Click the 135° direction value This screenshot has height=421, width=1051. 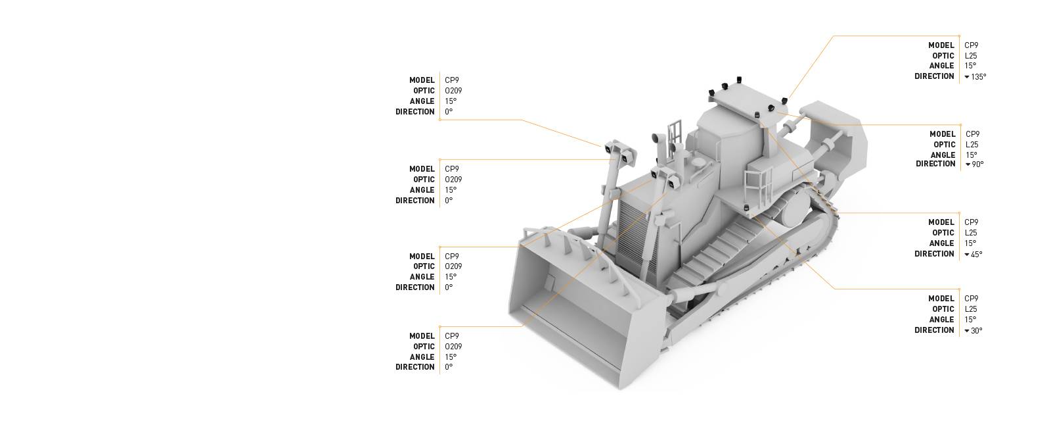point(978,77)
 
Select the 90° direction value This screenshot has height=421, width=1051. point(977,164)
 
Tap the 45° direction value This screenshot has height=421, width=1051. point(976,255)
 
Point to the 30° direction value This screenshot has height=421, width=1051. point(976,331)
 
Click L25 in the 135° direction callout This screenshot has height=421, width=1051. point(971,56)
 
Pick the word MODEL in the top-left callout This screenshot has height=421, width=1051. point(422,80)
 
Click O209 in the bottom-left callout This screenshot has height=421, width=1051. point(453,347)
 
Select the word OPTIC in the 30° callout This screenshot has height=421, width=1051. point(943,309)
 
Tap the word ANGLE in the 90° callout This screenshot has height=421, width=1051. point(943,155)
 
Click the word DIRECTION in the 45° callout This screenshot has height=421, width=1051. point(934,254)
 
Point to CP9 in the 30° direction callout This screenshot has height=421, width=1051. point(972,299)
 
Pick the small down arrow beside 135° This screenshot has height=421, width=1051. point(967,77)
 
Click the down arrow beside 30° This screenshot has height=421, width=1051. point(967,331)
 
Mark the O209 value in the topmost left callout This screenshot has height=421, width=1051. point(453,91)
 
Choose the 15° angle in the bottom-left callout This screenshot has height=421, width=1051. point(451,357)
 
